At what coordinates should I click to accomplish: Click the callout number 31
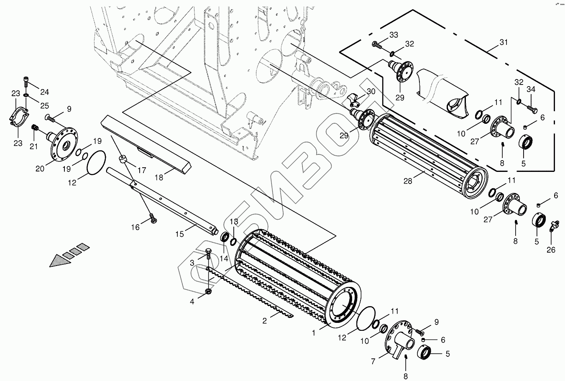pos(503,42)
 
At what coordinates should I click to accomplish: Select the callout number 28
pos(408,181)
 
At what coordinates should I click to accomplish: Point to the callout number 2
pos(265,321)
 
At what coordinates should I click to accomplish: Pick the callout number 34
pos(531,89)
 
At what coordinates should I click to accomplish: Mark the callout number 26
pos(551,250)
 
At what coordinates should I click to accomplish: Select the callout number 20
pos(40,169)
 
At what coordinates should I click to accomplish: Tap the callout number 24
pos(44,92)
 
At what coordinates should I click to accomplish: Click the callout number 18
pos(159,178)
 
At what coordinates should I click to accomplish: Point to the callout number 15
pos(179,234)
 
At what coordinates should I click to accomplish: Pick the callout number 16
pos(135,227)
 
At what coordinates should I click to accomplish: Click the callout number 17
pos(141,171)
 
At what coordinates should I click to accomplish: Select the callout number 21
pos(33,146)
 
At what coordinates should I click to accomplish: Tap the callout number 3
pos(192,263)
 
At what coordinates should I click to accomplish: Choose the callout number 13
pos(234,221)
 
